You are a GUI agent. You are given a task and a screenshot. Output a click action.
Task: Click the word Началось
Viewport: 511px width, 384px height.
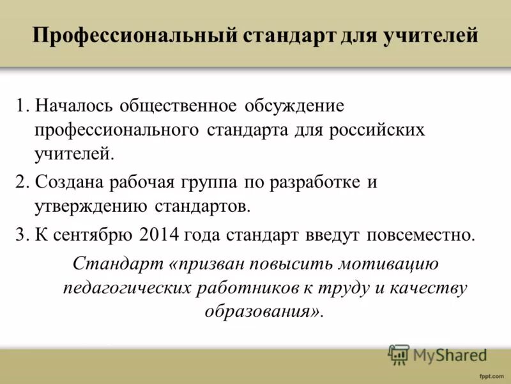tap(70, 105)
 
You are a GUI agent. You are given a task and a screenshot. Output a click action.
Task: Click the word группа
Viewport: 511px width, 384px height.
tap(213, 182)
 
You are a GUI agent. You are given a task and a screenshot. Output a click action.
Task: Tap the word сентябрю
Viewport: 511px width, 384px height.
tap(90, 235)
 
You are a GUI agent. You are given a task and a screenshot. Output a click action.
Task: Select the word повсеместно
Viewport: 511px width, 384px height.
tap(420, 234)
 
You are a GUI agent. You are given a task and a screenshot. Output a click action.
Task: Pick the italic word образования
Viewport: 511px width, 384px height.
tap(262, 312)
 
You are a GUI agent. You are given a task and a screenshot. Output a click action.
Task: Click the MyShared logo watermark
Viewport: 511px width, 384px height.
tap(438, 353)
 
